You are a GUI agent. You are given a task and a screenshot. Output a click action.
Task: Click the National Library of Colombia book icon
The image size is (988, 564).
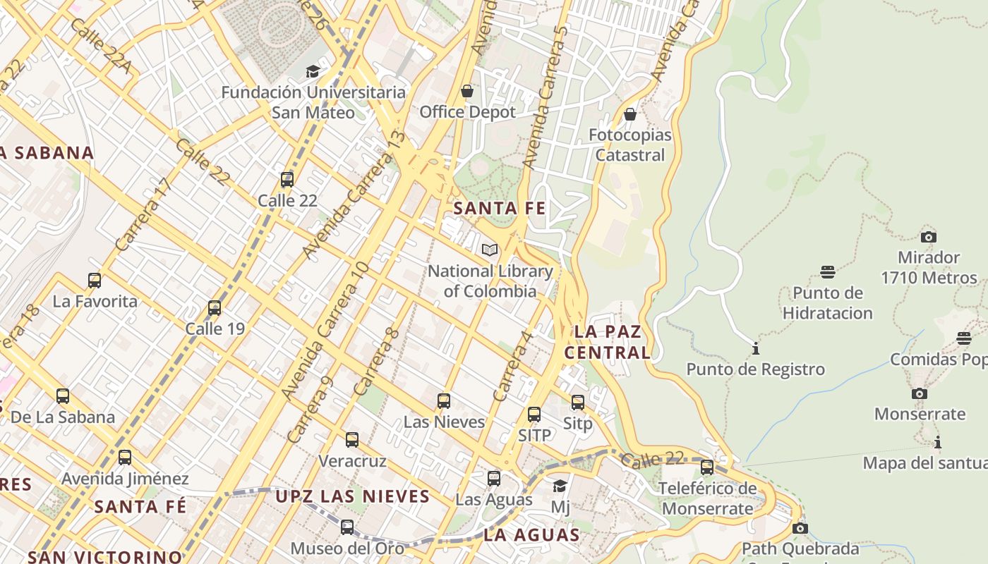490,250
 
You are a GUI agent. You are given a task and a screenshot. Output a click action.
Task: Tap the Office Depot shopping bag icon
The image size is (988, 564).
466,91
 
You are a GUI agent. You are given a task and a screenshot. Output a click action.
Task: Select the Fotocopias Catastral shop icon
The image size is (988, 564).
630,114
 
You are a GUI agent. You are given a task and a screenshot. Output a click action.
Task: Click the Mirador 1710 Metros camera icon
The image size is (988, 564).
929,237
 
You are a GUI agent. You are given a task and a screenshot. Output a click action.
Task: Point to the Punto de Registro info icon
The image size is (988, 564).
756,348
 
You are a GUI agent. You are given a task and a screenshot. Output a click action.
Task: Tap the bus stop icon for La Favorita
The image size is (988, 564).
95,281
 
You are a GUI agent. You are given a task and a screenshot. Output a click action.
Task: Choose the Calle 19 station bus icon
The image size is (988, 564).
215,308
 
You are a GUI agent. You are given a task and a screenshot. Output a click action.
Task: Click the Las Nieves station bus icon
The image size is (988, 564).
444,401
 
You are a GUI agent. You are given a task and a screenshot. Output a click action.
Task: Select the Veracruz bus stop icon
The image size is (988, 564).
352,440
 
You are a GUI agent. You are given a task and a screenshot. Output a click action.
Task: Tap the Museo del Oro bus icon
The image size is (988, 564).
347,527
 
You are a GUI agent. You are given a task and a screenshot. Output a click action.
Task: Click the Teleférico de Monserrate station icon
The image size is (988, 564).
707,467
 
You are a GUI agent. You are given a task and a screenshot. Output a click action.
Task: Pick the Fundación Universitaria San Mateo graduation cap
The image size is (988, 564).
313,71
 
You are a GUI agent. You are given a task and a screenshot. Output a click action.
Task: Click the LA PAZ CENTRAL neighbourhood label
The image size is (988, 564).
608,342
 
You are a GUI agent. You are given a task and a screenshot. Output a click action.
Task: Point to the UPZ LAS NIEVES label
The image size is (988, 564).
352,496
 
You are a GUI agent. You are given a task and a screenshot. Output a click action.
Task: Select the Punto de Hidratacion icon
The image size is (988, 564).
828,272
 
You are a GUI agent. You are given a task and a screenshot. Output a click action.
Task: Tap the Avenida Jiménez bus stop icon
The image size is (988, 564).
125,458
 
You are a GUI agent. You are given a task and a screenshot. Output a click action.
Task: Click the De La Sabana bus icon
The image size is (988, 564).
63,396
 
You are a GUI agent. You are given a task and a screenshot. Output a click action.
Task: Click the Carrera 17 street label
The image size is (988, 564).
143,215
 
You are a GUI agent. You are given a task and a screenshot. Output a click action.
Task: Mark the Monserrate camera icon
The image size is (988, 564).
919,393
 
